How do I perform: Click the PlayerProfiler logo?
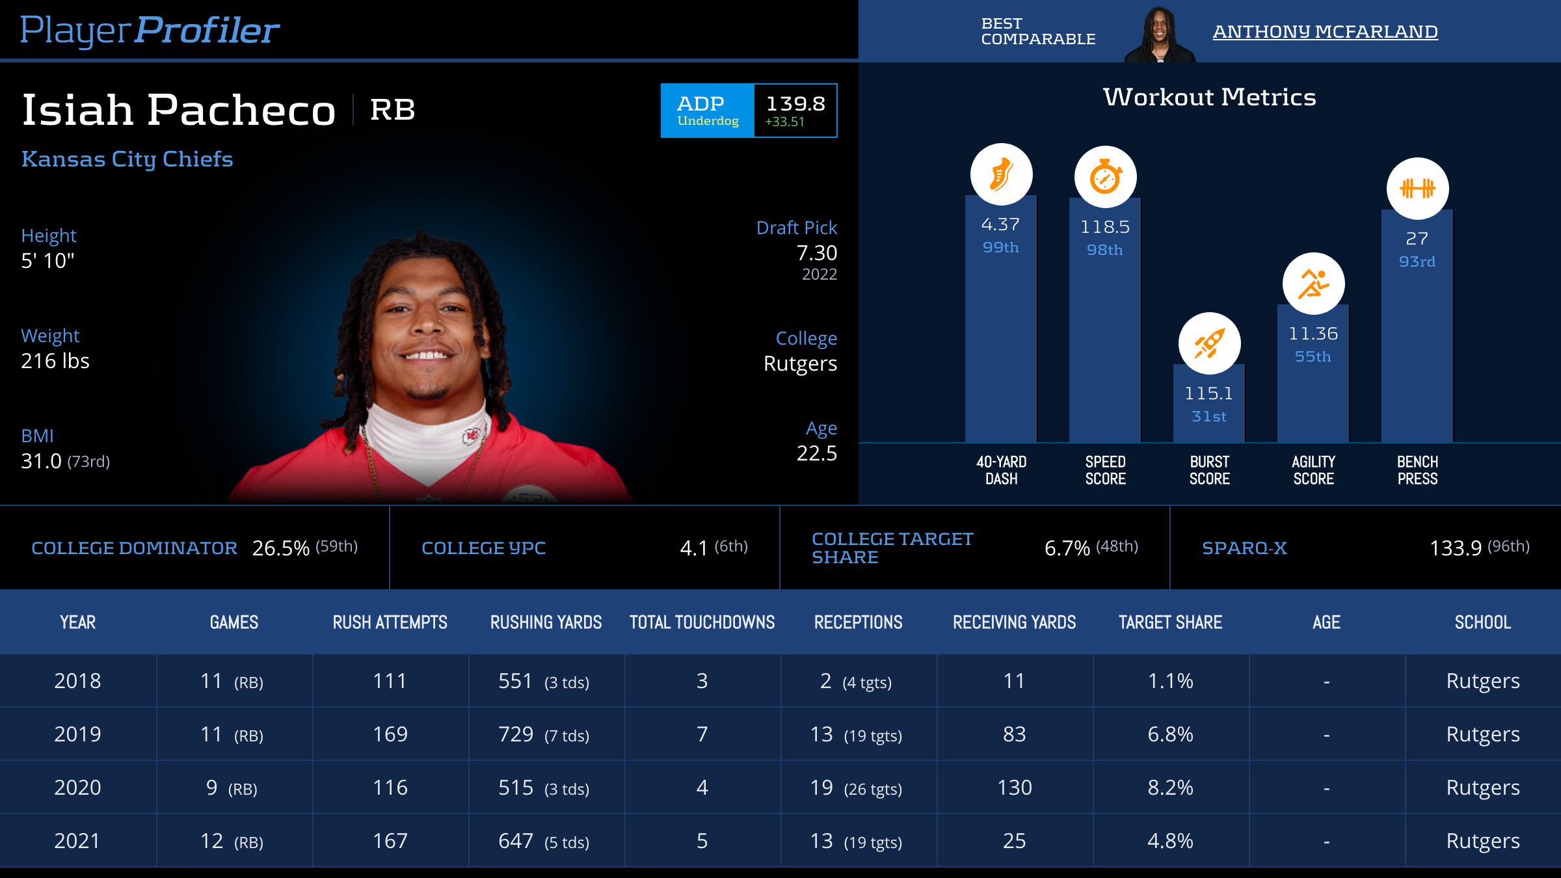(150, 30)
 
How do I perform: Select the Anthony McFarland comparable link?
(1325, 31)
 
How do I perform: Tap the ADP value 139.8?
(795, 103)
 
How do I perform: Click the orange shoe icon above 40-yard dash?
(1001, 174)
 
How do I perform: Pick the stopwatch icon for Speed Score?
(1105, 177)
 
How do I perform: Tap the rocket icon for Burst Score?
(1209, 343)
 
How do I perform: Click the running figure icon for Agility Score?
(1313, 284)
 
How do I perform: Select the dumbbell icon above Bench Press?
(1417, 189)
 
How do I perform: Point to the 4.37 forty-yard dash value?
(1000, 224)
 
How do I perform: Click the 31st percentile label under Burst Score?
(1208, 416)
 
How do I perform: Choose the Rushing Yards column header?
(546, 622)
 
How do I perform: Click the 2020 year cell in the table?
(77, 788)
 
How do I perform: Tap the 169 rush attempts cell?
(390, 734)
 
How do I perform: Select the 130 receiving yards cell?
(1014, 788)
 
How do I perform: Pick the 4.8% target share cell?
(1170, 841)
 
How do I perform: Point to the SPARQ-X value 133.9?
(1455, 548)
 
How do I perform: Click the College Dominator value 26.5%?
(280, 548)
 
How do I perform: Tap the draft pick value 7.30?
(816, 253)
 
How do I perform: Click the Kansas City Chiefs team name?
(127, 159)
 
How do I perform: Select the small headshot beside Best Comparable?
(1160, 34)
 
